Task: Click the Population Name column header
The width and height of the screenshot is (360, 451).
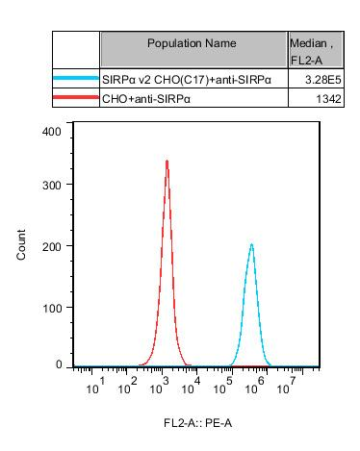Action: [x=193, y=43]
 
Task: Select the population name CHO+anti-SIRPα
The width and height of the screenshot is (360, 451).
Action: [x=143, y=99]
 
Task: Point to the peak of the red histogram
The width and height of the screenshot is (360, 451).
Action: [x=167, y=162]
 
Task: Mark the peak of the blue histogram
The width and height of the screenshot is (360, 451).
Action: [x=251, y=244]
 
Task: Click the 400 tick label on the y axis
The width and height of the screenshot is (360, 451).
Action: [x=52, y=130]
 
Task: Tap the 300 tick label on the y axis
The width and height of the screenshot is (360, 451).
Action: [x=52, y=184]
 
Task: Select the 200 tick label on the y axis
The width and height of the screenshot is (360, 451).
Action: [x=52, y=245]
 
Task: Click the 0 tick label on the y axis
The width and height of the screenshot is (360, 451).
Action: [x=59, y=364]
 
